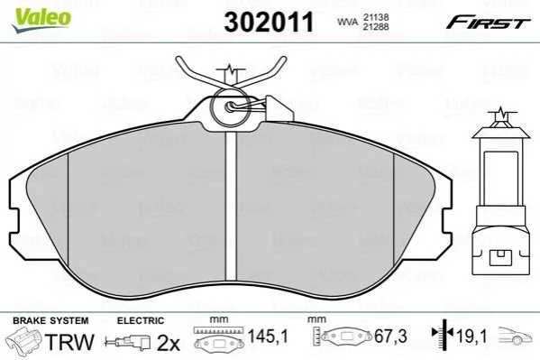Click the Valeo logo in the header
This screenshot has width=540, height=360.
41,21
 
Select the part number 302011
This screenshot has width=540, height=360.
269,22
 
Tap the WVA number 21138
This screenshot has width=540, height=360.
376,17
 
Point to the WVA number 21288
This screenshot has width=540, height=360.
376,26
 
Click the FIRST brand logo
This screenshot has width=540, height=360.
488,23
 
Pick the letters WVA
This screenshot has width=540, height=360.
348,22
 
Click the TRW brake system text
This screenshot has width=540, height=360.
70,342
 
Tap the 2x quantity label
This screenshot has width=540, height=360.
169,343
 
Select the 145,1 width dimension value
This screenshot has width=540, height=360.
268,336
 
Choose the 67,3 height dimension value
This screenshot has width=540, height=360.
391,336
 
